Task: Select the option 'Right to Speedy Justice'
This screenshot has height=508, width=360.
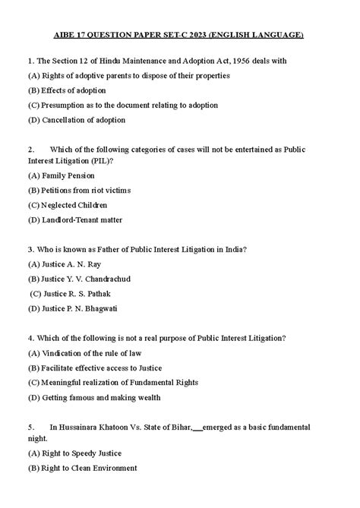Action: coord(79,453)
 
